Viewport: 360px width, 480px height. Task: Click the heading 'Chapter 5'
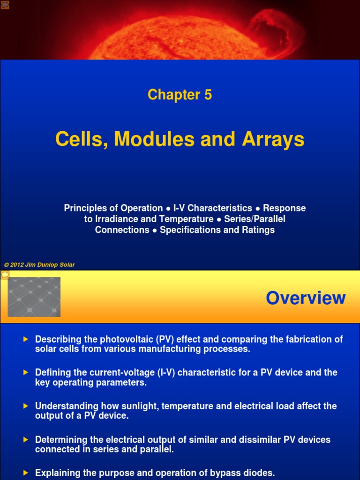[180, 95]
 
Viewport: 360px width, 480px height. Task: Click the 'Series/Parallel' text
[255, 219]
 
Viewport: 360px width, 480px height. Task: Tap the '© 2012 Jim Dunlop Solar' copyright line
[39, 265]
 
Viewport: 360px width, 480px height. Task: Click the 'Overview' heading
[306, 298]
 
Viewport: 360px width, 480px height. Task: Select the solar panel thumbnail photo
[34, 297]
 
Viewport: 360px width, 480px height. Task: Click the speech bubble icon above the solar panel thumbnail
[5, 274]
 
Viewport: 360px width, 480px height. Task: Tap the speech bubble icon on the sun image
[5, 5]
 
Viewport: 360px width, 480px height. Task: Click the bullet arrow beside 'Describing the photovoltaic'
[26, 339]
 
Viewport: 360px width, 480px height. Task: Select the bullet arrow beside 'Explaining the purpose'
[26, 472]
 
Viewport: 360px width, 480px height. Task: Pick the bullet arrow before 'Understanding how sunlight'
[26, 406]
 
